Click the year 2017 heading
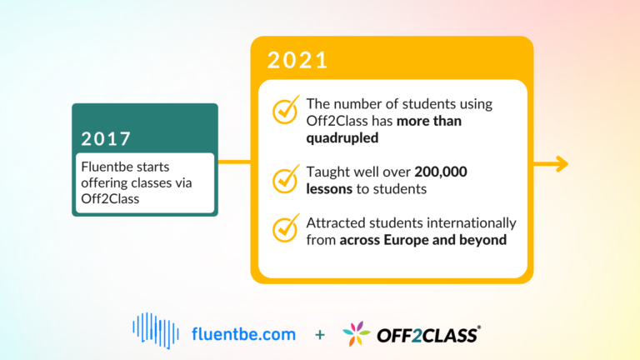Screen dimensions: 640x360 pyautogui.click(x=106, y=139)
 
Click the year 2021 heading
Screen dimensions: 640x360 pyautogui.click(x=297, y=60)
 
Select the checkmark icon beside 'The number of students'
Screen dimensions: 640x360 pyautogui.click(x=286, y=109)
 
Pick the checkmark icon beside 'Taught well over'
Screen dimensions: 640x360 pyautogui.click(x=286, y=179)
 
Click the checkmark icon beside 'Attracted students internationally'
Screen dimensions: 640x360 pyautogui.click(x=286, y=227)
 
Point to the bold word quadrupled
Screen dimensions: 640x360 pyautogui.click(x=342, y=138)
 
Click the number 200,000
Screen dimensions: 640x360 pyautogui.click(x=441, y=172)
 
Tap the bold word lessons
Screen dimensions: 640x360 pyautogui.click(x=329, y=189)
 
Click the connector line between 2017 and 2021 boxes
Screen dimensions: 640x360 pyautogui.click(x=234, y=162)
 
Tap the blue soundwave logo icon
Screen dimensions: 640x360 pyautogui.click(x=156, y=331)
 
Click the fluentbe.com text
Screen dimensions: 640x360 pyautogui.click(x=243, y=334)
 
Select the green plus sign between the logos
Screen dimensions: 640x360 pyautogui.click(x=320, y=335)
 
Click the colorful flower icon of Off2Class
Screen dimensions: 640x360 pyautogui.click(x=357, y=333)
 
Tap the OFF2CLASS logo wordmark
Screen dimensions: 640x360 pyautogui.click(x=428, y=335)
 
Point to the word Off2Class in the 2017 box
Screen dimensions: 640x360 pyautogui.click(x=110, y=199)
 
